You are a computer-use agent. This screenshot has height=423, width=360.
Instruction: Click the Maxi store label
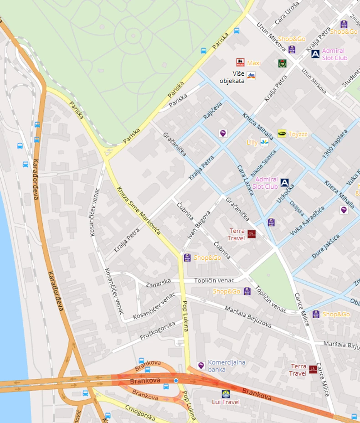tap(254, 63)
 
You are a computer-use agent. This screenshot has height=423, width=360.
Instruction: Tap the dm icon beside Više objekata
tap(251, 76)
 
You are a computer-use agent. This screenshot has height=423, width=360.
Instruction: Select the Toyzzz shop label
tap(298, 134)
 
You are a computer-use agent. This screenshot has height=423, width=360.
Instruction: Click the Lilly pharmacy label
tap(252, 143)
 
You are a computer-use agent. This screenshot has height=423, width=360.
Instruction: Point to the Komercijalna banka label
tap(226, 366)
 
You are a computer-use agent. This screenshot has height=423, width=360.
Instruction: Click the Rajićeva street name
tap(212, 111)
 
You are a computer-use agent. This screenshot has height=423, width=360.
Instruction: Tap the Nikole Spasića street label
tap(263, 160)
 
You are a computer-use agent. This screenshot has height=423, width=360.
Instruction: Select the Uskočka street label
tap(285, 193)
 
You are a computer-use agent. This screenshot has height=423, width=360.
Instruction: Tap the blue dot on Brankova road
tap(176, 380)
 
